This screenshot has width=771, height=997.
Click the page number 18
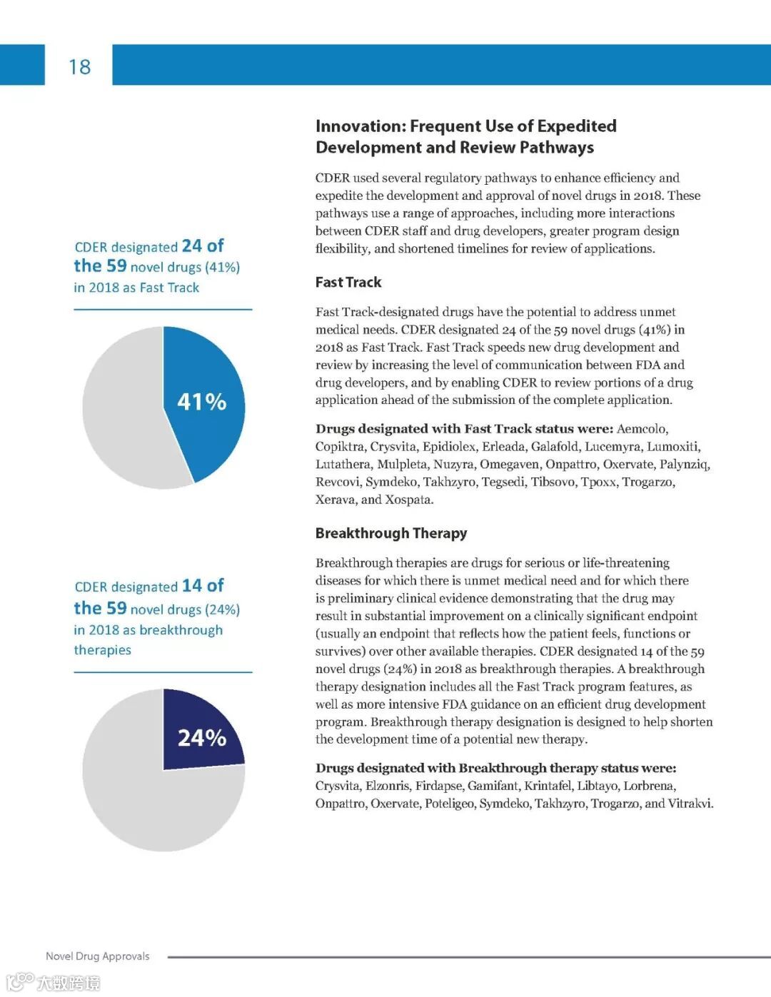pyautogui.click(x=79, y=67)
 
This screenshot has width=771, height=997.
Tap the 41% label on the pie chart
pyautogui.click(x=202, y=402)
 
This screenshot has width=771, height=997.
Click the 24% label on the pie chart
pyautogui.click(x=202, y=737)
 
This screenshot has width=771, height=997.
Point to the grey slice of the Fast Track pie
pyautogui.click(x=125, y=414)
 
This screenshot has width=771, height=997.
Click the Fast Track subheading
pyautogui.click(x=348, y=282)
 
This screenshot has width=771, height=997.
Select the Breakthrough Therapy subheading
pyautogui.click(x=391, y=533)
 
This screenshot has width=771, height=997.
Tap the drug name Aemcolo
pyautogui.click(x=642, y=429)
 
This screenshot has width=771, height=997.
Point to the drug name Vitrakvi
pyautogui.click(x=690, y=804)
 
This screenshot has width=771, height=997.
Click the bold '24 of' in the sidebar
pyautogui.click(x=203, y=246)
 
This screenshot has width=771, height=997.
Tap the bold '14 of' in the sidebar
pyautogui.click(x=203, y=586)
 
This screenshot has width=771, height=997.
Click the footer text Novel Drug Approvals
pyautogui.click(x=98, y=956)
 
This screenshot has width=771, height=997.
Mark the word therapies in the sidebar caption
pyautogui.click(x=103, y=650)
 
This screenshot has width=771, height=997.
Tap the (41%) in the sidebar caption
pyautogui.click(x=223, y=268)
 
